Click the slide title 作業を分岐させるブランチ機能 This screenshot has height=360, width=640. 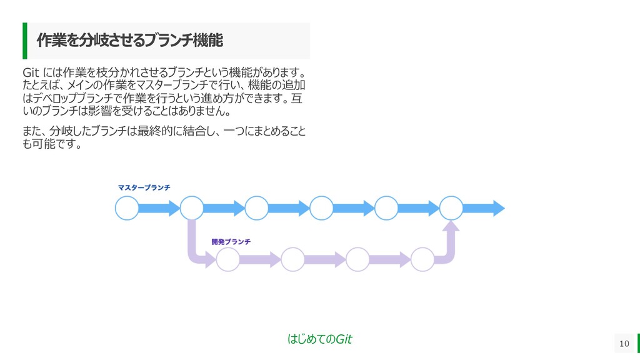[129, 41]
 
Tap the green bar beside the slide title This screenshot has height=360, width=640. [25, 41]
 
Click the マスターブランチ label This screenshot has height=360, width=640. [144, 187]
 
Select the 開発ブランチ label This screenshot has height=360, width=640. [231, 242]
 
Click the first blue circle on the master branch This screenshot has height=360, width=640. [127, 208]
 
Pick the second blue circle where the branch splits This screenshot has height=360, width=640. [192, 208]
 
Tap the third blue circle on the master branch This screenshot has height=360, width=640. [257, 208]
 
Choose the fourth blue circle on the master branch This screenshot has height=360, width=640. [322, 208]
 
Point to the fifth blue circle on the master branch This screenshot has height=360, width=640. [387, 208]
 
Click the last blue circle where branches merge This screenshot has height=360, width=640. [452, 208]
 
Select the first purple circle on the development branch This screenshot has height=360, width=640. [228, 259]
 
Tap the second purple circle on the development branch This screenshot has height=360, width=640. [293, 259]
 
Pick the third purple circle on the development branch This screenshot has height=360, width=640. [358, 259]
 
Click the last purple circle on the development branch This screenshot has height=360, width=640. [423, 259]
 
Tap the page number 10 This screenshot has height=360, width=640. [623, 343]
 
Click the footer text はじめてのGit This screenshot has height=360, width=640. [319, 339]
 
